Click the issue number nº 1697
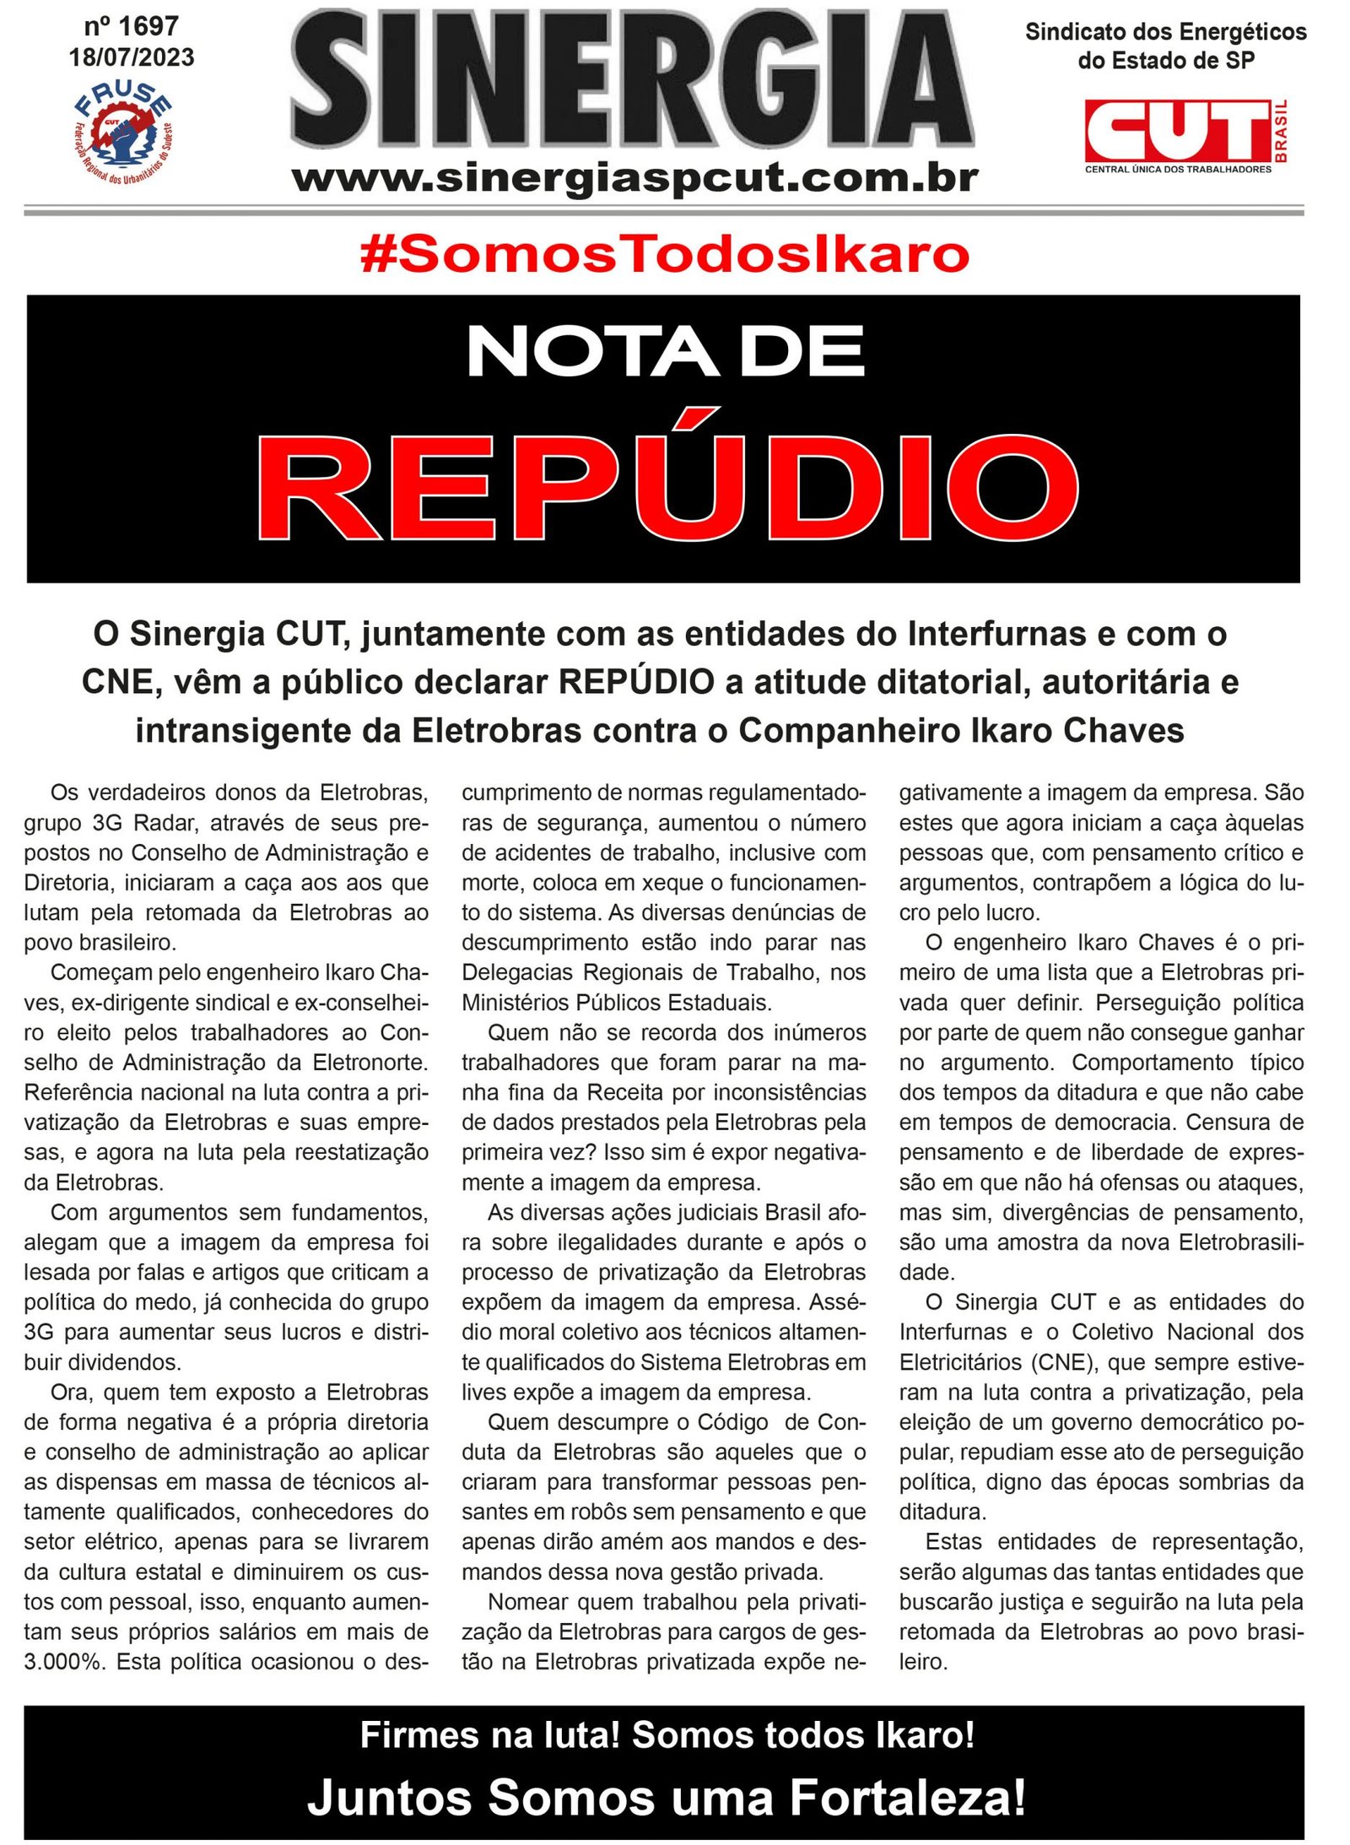(131, 26)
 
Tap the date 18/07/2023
(132, 57)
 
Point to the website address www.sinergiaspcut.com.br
(634, 178)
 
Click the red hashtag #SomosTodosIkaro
(664, 255)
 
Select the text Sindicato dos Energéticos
(1165, 32)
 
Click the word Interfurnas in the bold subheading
(996, 634)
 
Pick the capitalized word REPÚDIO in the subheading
(636, 682)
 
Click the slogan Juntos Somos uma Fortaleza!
(667, 1797)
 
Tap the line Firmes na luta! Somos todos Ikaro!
(667, 1735)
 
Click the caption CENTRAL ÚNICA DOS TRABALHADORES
(1177, 170)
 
